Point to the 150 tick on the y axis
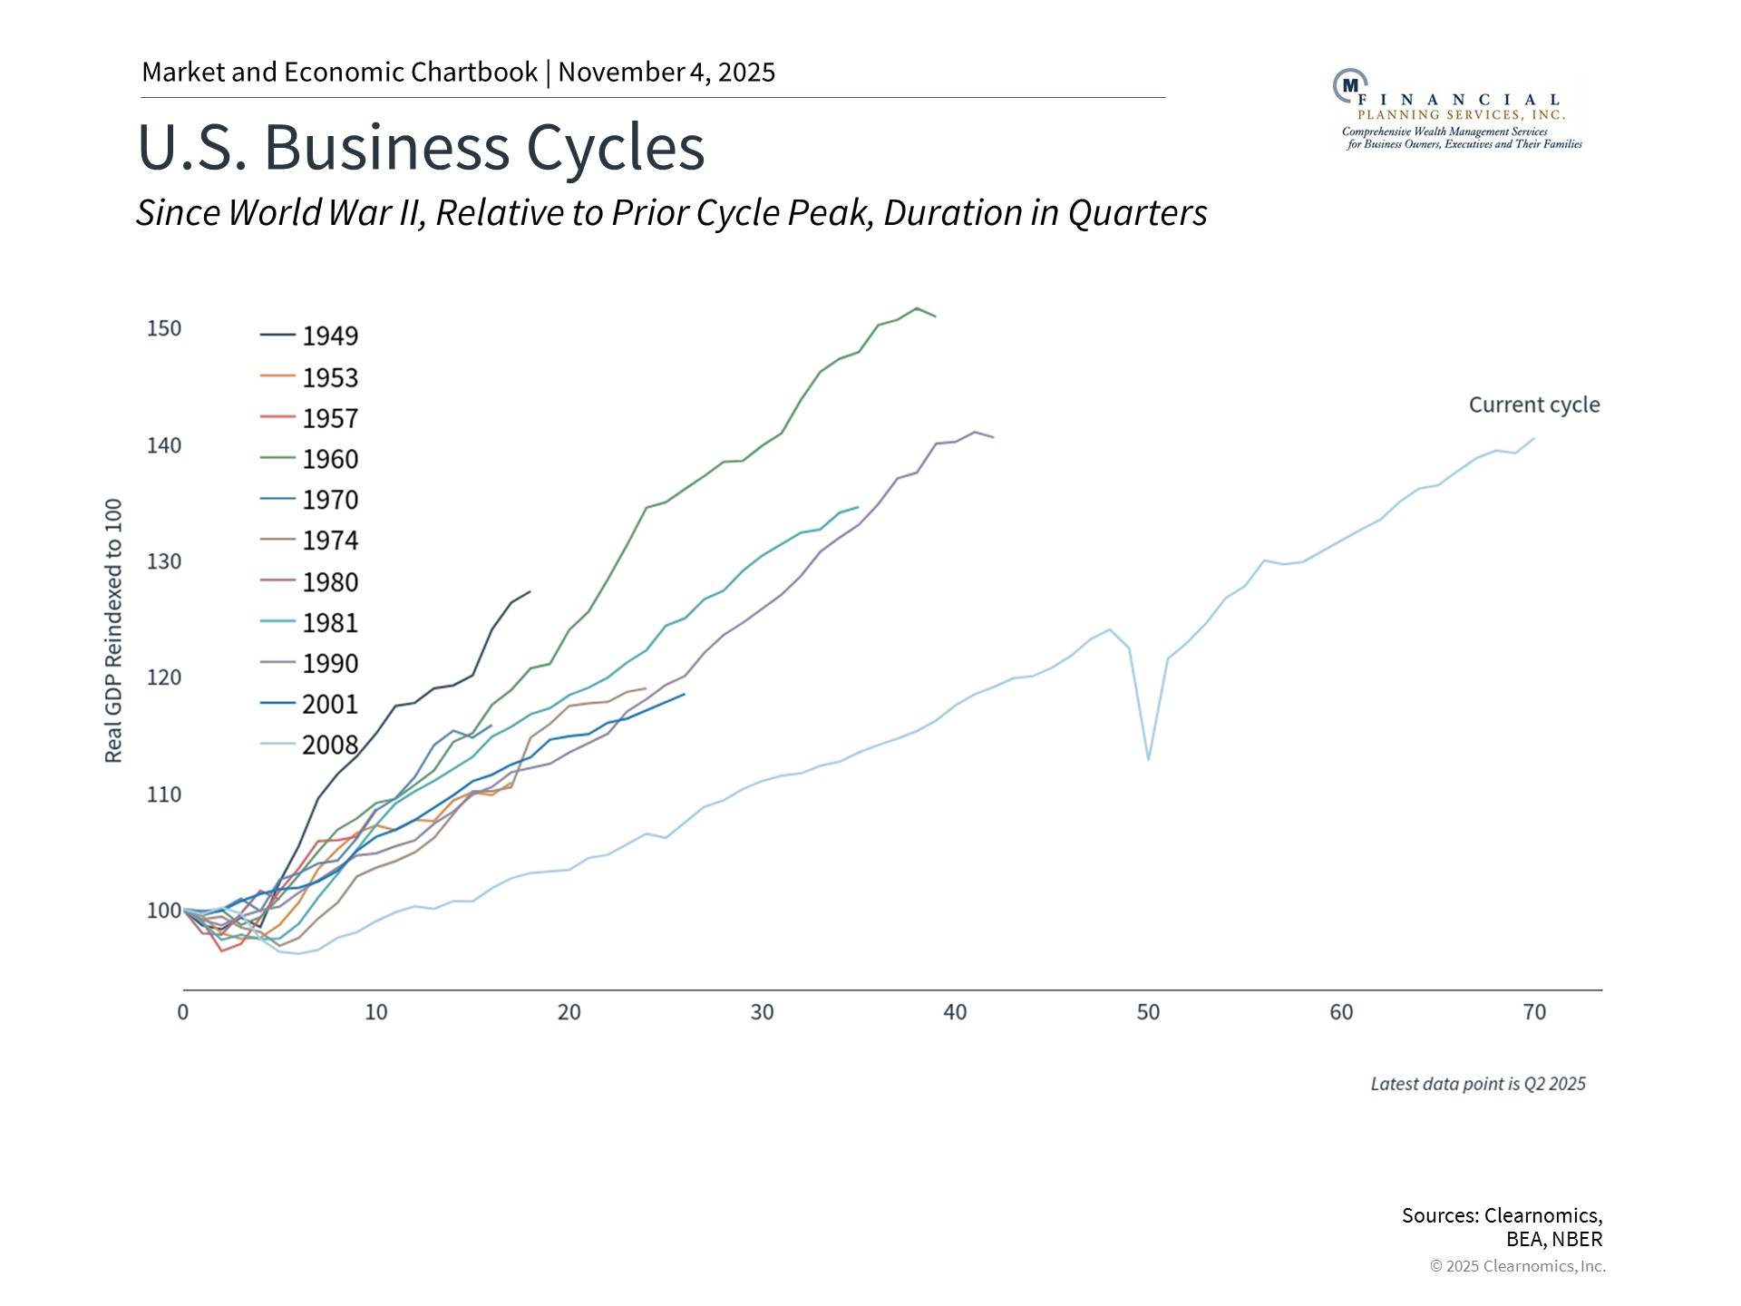[164, 328]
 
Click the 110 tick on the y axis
[164, 794]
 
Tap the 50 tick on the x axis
[1148, 1012]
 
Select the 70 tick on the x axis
[1534, 1012]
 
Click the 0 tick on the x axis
[183, 1012]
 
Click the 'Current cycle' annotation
[1533, 404]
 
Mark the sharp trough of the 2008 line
[1149, 759]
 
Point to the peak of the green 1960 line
[917, 308]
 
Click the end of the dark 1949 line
[530, 592]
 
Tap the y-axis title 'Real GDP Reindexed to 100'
[113, 630]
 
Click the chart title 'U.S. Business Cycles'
[421, 148]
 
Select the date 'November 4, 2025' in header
[666, 73]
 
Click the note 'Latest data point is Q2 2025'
[1477, 1084]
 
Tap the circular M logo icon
[1349, 85]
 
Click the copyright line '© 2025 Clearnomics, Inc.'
[1517, 1266]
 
